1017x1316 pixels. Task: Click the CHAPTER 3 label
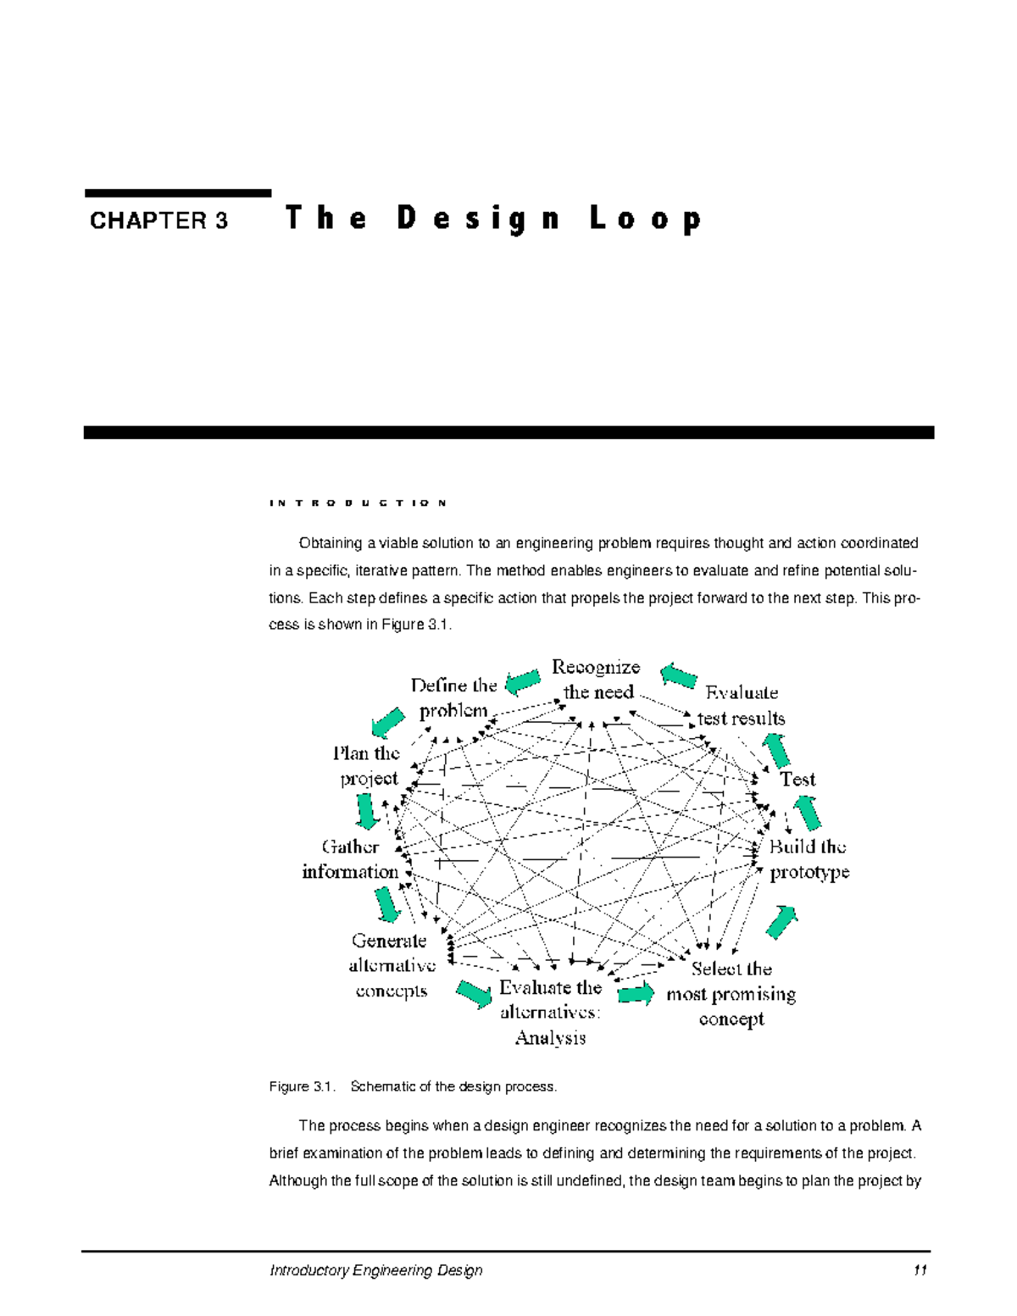(x=158, y=221)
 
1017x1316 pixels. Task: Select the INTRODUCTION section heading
(x=358, y=503)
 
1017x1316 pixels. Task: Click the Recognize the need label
(x=597, y=680)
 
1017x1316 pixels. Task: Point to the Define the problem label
(x=453, y=697)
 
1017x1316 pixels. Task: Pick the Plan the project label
(x=367, y=765)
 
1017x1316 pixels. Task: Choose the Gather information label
(x=351, y=858)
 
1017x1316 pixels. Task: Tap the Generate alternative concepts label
(x=391, y=965)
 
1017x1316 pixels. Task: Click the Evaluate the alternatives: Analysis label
(x=551, y=1012)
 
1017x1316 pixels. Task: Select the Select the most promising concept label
(x=731, y=993)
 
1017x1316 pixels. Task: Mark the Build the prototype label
(x=809, y=858)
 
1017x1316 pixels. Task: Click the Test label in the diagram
(x=797, y=779)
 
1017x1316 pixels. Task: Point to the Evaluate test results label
(x=741, y=705)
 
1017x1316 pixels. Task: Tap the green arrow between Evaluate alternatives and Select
(x=636, y=993)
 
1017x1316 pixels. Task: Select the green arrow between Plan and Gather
(x=366, y=811)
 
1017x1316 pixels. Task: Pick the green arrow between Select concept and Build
(x=781, y=922)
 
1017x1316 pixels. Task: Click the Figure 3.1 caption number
(x=302, y=1086)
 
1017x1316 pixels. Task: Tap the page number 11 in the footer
(x=920, y=1270)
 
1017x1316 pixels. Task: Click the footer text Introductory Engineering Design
(x=375, y=1270)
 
